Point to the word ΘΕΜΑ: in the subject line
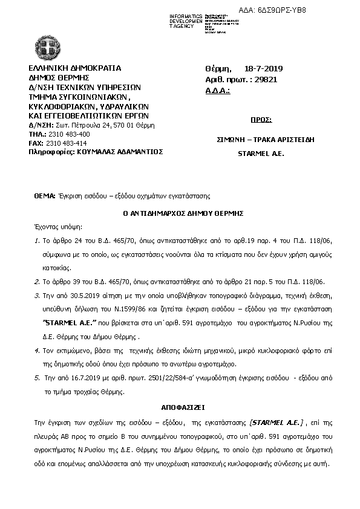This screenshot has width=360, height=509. click(x=45, y=196)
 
